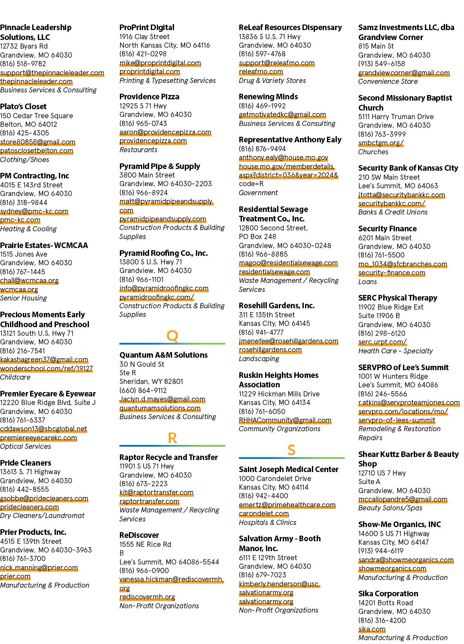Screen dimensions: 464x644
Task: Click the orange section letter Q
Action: (x=172, y=336)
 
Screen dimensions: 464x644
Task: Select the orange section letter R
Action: (x=172, y=438)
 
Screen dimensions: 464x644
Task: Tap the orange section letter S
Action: (x=291, y=450)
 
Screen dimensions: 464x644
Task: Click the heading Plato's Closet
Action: (x=23, y=106)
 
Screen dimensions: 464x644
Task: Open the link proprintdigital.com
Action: (x=150, y=72)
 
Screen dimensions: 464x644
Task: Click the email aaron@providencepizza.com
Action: (x=165, y=132)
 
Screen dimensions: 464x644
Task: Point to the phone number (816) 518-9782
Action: (x=23, y=64)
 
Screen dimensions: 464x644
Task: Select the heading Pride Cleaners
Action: (x=26, y=463)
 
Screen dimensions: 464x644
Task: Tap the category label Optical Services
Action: (x=26, y=446)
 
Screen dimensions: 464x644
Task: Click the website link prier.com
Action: (x=15, y=576)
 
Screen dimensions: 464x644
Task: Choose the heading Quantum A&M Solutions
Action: (x=164, y=355)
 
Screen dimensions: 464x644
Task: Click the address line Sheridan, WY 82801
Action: (x=151, y=381)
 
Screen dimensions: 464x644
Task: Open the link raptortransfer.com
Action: (x=150, y=501)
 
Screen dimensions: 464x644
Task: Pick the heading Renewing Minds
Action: (x=269, y=97)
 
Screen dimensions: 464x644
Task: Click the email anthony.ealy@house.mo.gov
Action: (x=284, y=157)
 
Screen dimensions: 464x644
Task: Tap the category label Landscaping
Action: (x=259, y=359)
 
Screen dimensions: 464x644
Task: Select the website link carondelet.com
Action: (x=264, y=513)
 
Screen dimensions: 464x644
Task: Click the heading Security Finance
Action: (x=387, y=229)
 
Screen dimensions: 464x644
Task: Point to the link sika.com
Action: (x=372, y=629)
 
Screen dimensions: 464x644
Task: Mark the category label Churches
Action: (x=373, y=152)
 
